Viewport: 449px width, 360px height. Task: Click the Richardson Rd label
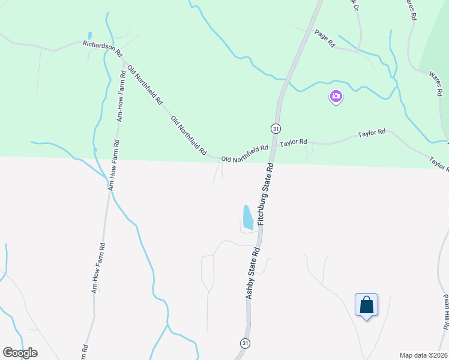click(x=102, y=44)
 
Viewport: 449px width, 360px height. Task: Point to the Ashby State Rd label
click(x=252, y=274)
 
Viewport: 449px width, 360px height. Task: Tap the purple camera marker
click(x=336, y=96)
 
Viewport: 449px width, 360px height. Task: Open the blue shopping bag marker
click(x=366, y=305)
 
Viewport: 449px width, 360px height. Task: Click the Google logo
click(x=20, y=353)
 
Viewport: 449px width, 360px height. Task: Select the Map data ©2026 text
click(x=423, y=355)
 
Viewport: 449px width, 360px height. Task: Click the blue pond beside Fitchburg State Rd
click(x=247, y=217)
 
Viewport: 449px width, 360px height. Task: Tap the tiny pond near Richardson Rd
click(x=89, y=35)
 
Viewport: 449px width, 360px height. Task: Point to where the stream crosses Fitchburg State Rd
click(x=288, y=79)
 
